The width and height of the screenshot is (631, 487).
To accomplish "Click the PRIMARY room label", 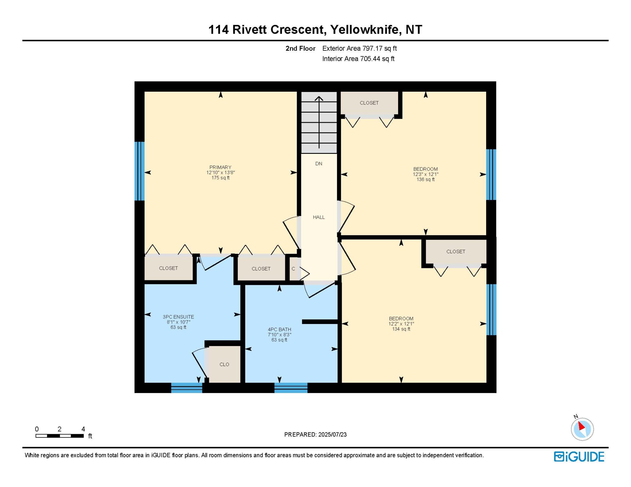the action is click(220, 167).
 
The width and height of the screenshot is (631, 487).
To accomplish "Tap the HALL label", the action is click(319, 217).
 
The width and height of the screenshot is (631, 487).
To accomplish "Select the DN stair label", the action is click(319, 164).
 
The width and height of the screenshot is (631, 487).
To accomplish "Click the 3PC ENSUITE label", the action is click(178, 317).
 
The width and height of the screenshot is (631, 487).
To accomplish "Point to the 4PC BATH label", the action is click(279, 329).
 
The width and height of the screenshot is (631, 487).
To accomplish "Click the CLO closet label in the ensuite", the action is click(224, 365).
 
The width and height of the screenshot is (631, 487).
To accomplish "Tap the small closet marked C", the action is click(293, 269).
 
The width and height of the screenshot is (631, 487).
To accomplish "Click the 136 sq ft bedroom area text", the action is click(425, 179).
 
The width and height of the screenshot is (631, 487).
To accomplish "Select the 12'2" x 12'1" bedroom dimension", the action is click(401, 324).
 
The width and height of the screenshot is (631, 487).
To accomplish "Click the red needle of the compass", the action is click(581, 426).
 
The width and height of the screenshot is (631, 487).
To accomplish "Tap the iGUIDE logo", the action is click(579, 457).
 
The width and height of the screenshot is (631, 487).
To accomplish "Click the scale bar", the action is click(59, 436).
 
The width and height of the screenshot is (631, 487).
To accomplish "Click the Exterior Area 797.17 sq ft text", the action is click(360, 48).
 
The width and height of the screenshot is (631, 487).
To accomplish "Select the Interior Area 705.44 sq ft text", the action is click(358, 59).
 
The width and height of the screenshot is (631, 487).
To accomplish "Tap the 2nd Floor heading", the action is click(300, 48).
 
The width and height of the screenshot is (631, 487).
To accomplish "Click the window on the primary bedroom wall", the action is click(140, 171).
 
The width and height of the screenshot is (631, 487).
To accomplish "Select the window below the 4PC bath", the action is click(291, 388).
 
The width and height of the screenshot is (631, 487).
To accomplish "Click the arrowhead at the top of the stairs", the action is click(319, 98).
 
